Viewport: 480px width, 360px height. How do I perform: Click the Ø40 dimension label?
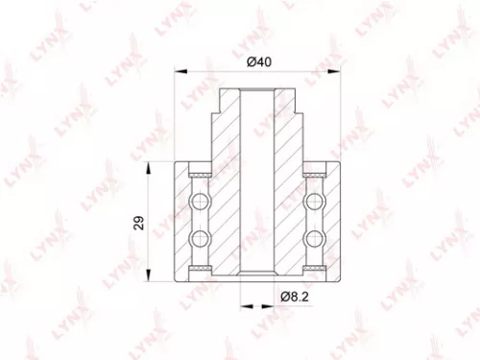257,60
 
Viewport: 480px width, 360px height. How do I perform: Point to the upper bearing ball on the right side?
313,203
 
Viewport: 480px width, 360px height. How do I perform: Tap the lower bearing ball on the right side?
313,238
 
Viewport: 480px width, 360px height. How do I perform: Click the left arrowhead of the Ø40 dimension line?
178,71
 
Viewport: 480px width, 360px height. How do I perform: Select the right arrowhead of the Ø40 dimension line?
337,71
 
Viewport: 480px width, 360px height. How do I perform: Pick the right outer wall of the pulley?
333,220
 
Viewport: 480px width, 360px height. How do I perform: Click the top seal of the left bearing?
201,175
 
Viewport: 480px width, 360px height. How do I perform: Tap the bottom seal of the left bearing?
201,267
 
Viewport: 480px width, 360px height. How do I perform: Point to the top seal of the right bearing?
313,175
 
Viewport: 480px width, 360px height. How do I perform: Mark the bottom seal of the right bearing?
313,267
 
